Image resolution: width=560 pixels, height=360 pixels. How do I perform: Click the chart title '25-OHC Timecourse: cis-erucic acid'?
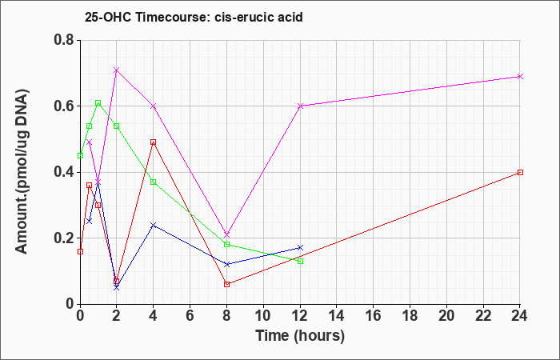[x=194, y=17]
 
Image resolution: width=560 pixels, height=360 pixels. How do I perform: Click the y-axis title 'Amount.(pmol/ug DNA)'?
[x=22, y=172]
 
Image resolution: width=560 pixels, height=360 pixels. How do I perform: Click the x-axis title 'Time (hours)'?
[x=300, y=336]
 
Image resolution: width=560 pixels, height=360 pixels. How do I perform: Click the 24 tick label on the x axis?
[x=520, y=316]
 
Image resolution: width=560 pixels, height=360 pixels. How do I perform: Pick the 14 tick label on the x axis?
[x=337, y=316]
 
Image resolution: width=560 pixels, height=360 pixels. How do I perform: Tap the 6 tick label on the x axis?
[x=190, y=316]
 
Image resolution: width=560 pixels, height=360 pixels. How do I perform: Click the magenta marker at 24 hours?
[x=520, y=77]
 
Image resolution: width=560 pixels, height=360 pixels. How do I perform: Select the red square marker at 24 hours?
[x=520, y=173]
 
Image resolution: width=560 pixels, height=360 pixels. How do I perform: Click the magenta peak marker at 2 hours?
[x=117, y=70]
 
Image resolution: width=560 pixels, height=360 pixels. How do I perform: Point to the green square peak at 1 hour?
[x=98, y=103]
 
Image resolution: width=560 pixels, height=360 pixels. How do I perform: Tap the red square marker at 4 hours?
[x=154, y=142]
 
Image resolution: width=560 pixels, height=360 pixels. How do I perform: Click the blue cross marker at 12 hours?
[x=300, y=248]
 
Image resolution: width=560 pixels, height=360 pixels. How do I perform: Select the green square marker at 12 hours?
[x=300, y=261]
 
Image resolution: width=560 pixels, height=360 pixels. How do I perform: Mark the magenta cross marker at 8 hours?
[x=226, y=234]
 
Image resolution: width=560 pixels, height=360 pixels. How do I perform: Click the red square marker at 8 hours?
[x=226, y=284]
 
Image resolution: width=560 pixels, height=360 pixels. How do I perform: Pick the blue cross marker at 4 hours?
[x=154, y=225]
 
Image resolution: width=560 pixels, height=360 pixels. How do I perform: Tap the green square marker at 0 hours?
[x=80, y=156]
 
